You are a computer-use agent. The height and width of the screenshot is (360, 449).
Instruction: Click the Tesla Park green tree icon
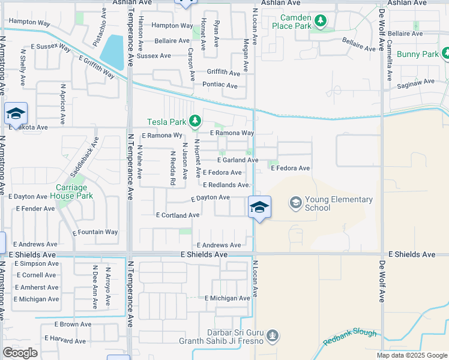(x=194, y=122)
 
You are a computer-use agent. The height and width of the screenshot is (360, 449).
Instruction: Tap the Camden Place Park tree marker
(x=321, y=22)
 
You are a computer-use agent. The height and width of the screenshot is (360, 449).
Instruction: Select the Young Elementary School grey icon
(x=295, y=203)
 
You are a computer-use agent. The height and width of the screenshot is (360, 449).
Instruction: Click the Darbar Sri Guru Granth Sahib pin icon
(x=273, y=334)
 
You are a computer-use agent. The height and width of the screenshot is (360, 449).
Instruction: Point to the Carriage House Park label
(x=71, y=191)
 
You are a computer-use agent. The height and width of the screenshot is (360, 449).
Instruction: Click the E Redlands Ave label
(x=226, y=185)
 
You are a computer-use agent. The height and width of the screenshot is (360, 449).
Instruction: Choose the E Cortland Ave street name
(x=177, y=215)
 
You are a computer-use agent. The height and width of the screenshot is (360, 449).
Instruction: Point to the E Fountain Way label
(x=95, y=232)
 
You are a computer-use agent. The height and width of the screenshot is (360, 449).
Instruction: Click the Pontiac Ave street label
(x=221, y=85)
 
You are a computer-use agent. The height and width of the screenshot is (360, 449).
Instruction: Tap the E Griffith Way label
(x=97, y=66)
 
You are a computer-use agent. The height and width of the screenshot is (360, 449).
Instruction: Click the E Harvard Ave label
(x=71, y=340)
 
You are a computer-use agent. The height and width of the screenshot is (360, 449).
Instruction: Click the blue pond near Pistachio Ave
(x=112, y=52)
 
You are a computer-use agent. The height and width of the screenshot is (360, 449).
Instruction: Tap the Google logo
(x=20, y=353)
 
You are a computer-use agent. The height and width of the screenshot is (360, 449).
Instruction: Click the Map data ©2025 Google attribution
(x=412, y=355)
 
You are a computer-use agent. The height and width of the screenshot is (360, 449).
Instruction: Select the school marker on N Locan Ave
(x=259, y=208)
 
